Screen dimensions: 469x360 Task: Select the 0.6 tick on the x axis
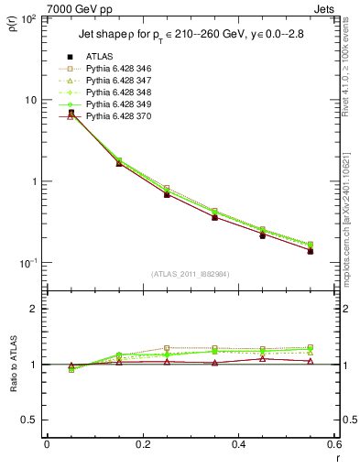[x=333, y=443]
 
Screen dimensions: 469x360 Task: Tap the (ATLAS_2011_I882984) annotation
[x=190, y=273]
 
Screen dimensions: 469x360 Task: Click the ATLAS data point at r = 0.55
[x=311, y=251]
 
